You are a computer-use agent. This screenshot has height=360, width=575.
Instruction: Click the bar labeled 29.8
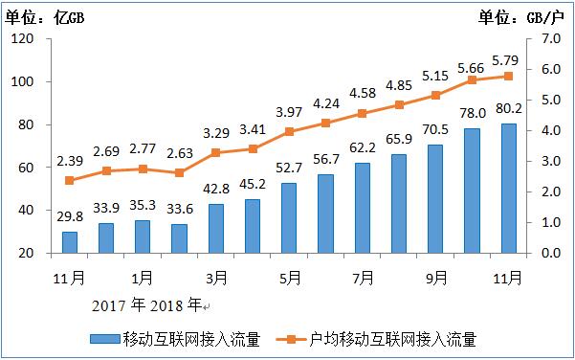pyautogui.click(x=70, y=242)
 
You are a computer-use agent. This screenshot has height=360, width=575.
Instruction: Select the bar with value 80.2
pyautogui.click(x=508, y=189)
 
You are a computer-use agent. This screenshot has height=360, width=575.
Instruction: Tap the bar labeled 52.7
pyautogui.click(x=289, y=217)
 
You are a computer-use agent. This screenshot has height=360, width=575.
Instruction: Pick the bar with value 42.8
pyautogui.click(x=216, y=228)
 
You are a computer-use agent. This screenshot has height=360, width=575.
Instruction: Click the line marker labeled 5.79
pyautogui.click(x=508, y=76)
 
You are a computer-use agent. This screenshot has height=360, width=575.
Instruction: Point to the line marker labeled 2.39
pyautogui.click(x=70, y=180)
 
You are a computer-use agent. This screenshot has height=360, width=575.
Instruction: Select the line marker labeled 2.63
pyautogui.click(x=180, y=172)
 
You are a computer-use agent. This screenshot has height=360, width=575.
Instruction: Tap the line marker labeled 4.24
pyautogui.click(x=325, y=123)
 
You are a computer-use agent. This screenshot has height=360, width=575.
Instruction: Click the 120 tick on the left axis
pyautogui.click(x=23, y=39)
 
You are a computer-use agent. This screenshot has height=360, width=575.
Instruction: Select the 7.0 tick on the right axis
pyautogui.click(x=551, y=39)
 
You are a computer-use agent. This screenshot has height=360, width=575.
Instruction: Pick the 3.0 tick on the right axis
pyautogui.click(x=551, y=162)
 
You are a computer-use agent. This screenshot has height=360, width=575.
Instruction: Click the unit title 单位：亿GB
pyautogui.click(x=44, y=14)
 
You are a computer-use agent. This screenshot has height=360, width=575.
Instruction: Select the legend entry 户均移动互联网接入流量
pyautogui.click(x=393, y=339)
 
